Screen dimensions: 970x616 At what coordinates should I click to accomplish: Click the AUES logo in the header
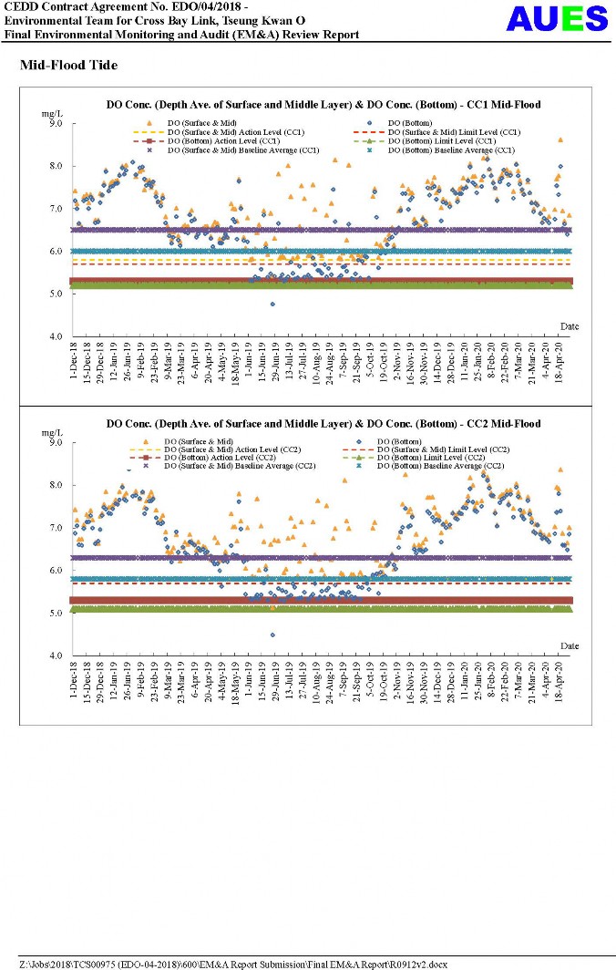556,18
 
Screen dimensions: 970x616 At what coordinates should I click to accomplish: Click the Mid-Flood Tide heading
68,66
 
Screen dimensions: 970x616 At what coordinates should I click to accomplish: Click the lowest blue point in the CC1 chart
272,304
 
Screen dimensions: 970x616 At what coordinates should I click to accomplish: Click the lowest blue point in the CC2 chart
272,635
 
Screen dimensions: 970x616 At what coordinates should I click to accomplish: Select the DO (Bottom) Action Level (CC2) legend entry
220,458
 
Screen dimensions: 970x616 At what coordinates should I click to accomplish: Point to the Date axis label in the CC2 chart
570,645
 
